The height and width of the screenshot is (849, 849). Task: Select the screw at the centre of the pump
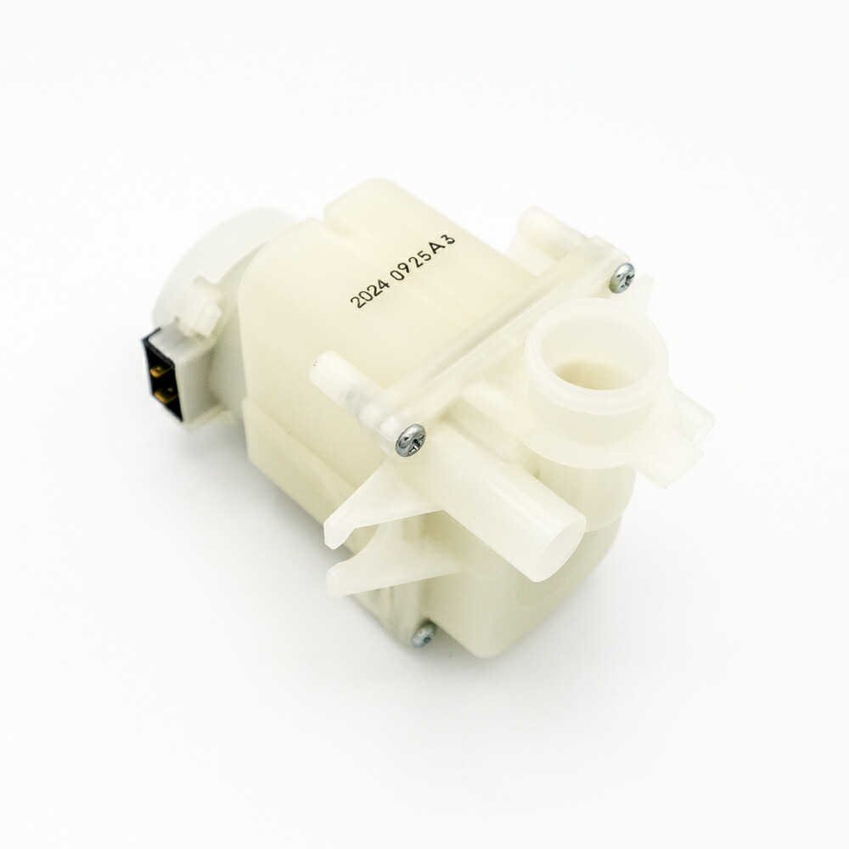pyautogui.click(x=410, y=439)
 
